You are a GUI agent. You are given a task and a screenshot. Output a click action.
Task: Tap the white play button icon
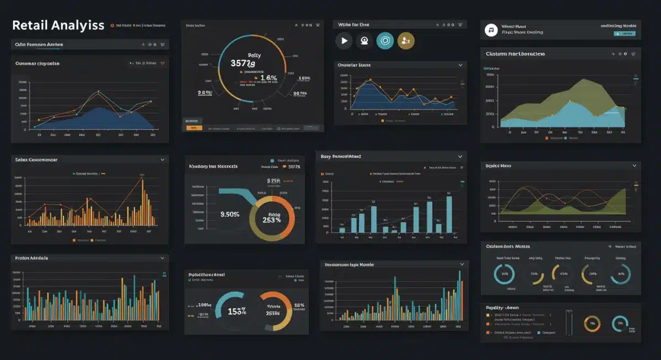pos(344,40)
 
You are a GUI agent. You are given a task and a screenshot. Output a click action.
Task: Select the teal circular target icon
pos(385,40)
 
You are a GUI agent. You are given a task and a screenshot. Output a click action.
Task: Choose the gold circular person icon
pos(406,40)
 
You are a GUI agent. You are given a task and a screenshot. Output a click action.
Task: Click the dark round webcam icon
pos(365,40)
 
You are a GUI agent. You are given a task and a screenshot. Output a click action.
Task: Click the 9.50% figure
pos(230,214)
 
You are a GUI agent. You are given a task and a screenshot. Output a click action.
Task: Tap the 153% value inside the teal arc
pos(237,311)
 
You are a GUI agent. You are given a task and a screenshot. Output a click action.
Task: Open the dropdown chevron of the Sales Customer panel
pos(162,160)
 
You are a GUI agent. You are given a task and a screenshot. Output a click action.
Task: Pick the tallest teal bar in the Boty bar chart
pos(449,214)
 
